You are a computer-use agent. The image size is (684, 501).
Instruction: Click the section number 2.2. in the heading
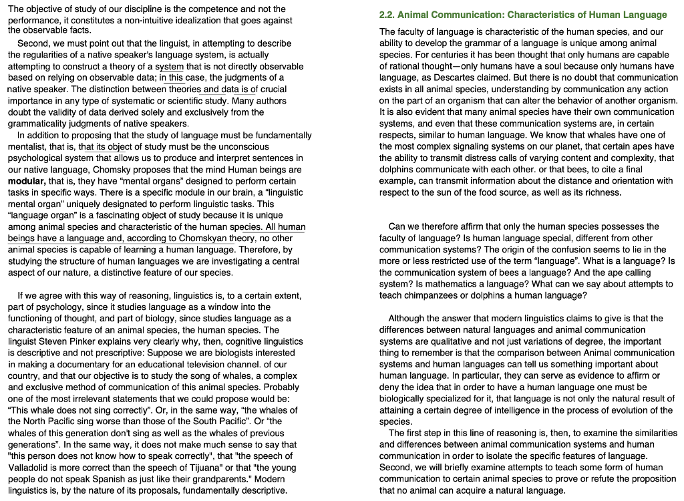pyautogui.click(x=387, y=15)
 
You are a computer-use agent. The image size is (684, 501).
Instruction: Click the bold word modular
pyautogui.click(x=27, y=181)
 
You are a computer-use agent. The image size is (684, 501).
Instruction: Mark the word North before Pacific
pyautogui.click(x=37, y=422)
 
